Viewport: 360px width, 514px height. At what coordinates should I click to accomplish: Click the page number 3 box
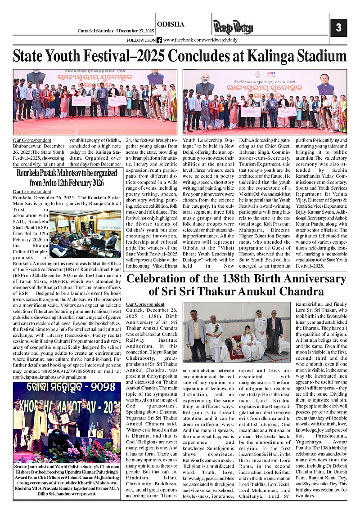pos(338,28)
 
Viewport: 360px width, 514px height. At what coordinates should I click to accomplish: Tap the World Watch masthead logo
pos(233,28)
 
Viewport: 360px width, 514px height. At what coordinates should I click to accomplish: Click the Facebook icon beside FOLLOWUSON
pos(159,40)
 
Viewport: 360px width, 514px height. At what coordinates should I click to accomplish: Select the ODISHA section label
pos(171,24)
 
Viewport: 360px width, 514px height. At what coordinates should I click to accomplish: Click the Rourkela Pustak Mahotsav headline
pos(67,179)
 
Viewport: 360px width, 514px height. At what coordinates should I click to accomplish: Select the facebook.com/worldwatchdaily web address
pos(201,40)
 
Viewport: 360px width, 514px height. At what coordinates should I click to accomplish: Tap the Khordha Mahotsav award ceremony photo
pos(67,422)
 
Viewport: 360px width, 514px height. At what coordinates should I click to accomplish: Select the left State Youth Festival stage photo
pos(95,102)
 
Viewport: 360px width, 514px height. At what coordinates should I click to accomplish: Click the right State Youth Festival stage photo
pos(265,102)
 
